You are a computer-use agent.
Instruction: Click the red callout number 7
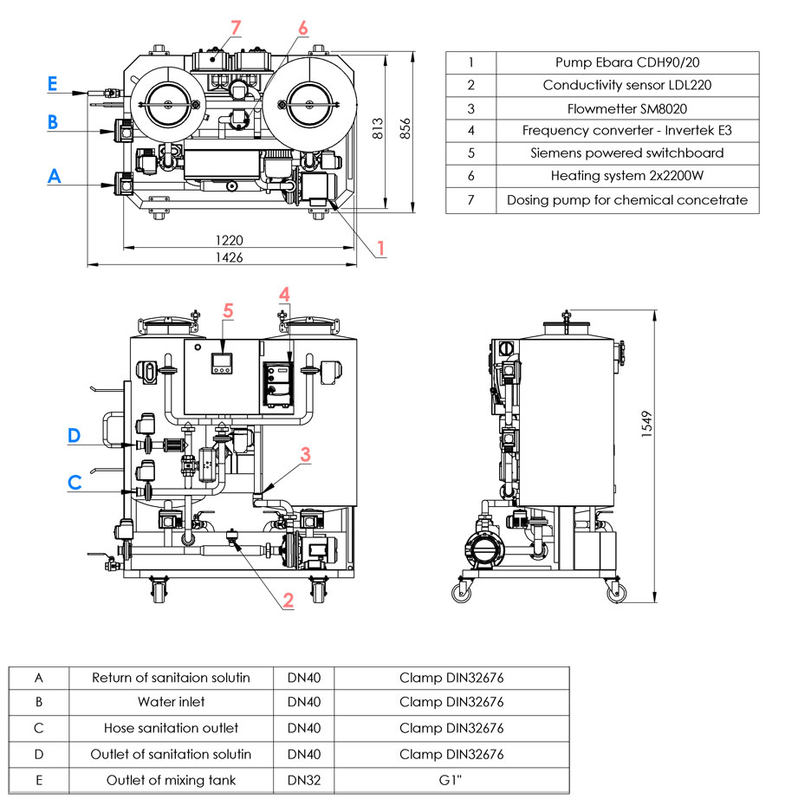tap(236, 28)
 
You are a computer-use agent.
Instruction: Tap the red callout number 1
tap(380, 248)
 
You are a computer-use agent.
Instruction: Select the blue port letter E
tap(52, 83)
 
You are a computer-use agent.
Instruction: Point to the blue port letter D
tap(75, 436)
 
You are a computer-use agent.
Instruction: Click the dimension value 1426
tap(230, 257)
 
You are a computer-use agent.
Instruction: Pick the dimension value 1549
tap(646, 424)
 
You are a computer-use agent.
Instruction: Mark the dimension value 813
tap(377, 128)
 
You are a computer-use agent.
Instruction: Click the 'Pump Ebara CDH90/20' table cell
tap(627, 62)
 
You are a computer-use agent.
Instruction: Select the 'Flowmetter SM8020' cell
tap(627, 108)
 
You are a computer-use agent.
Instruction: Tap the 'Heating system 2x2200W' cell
tap(627, 176)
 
